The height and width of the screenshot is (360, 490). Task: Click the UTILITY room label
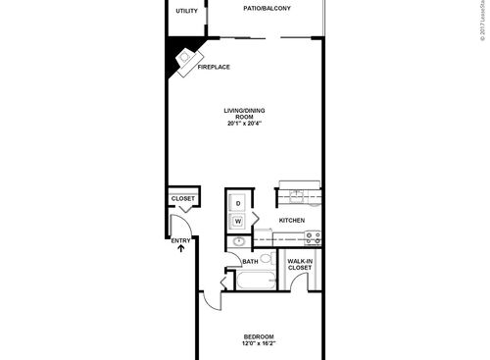point(185,11)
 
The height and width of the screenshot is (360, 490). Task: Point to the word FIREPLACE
point(213,66)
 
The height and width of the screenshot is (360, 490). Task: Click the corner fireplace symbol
point(184,59)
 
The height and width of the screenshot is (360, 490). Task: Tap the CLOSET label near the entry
point(183,199)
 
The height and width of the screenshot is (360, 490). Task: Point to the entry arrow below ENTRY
point(180,248)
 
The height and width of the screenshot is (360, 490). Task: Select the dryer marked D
point(238,202)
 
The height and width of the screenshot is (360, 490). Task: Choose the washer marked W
point(238,221)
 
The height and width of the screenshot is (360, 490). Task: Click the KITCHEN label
point(292,221)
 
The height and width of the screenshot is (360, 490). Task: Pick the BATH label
point(249,262)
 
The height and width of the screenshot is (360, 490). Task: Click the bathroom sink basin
point(239,241)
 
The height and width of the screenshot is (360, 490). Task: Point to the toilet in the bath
point(265,260)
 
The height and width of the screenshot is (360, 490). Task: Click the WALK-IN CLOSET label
point(300,264)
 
